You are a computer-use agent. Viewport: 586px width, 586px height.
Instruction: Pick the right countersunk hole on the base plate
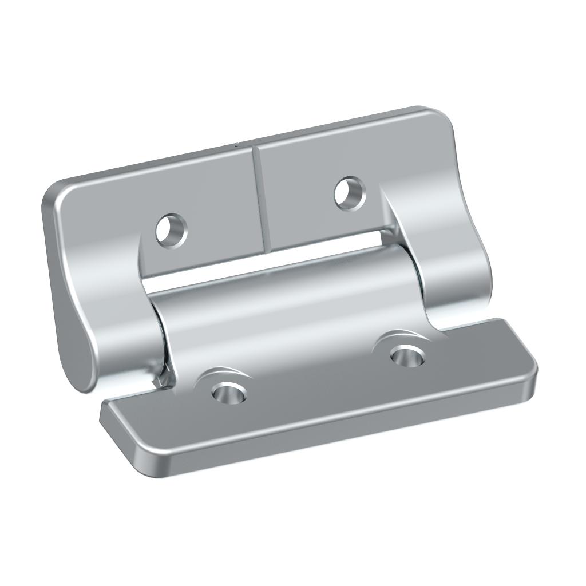click(x=407, y=355)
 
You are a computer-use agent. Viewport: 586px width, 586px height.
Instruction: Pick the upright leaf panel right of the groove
click(x=320, y=166)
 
